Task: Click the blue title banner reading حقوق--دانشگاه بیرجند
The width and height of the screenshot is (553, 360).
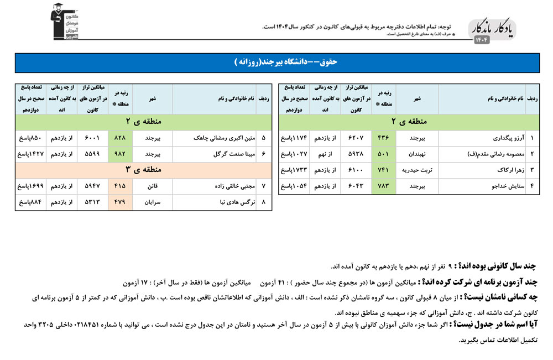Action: [x=276, y=62]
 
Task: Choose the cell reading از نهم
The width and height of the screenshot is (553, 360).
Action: [x=326, y=154]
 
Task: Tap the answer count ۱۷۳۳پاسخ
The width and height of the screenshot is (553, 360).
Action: [x=294, y=170]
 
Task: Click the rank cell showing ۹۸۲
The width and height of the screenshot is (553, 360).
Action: [x=120, y=154]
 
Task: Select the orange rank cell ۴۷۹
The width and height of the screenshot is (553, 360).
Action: [x=120, y=202]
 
